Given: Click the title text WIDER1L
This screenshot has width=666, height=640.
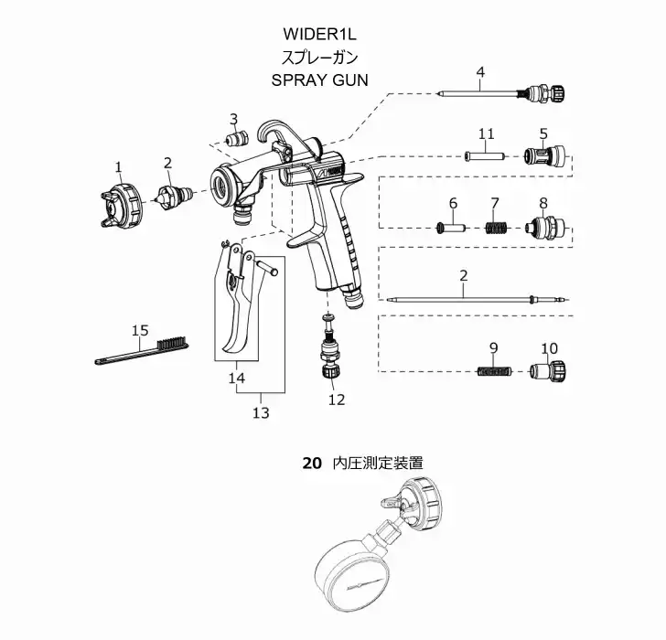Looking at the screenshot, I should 319,34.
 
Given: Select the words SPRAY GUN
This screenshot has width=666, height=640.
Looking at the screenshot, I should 319,80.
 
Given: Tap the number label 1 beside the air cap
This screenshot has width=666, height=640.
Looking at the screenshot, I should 118,165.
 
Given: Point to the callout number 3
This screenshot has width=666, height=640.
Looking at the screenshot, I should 234,118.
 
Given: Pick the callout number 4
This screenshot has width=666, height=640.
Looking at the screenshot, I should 480,70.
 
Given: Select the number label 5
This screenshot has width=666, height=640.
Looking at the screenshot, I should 543,133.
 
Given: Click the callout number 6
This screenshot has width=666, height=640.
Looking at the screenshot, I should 452,202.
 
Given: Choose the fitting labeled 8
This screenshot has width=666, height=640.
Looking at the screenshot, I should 545,224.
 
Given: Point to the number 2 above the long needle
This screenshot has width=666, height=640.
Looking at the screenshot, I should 464,275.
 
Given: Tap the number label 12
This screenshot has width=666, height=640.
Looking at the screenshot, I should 337,399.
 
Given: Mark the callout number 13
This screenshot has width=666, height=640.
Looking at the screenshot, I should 261,413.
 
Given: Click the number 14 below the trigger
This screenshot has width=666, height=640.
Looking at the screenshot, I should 237,377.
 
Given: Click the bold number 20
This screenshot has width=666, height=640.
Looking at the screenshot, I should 312,464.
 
